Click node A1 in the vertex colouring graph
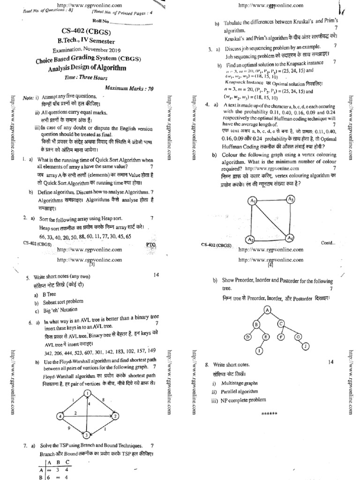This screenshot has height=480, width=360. [x=253, y=201]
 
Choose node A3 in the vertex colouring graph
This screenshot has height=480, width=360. [x=291, y=199]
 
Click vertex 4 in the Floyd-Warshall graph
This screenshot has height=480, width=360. [x=60, y=416]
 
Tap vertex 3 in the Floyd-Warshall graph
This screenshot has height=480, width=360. [x=86, y=435]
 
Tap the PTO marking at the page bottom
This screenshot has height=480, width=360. [x=150, y=244]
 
